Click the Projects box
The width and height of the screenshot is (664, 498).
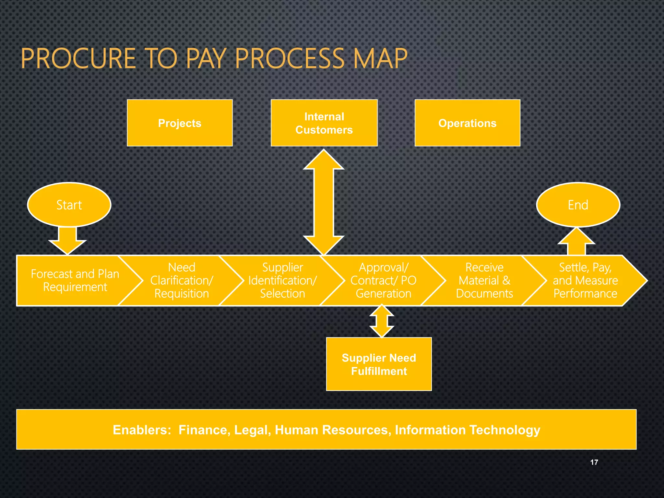pyautogui.click(x=180, y=123)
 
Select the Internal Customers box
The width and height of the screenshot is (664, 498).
pyautogui.click(x=324, y=123)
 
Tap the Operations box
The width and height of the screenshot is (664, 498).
pyautogui.click(x=467, y=123)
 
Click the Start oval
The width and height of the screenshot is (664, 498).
pyautogui.click(x=69, y=205)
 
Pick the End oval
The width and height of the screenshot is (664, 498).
pyautogui.click(x=578, y=205)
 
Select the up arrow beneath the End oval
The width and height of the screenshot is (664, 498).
pyautogui.click(x=576, y=242)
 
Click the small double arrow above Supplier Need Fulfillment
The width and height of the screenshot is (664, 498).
pyautogui.click(x=382, y=321)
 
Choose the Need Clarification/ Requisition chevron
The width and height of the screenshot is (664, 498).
pyautogui.click(x=182, y=280)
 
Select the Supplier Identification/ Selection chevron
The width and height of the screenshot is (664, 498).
pyautogui.click(x=282, y=280)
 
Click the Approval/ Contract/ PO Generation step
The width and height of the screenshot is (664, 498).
pyautogui.click(x=383, y=280)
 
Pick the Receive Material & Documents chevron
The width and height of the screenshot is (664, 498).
pyautogui.click(x=484, y=280)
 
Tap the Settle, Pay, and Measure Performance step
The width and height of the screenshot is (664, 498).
pyautogui.click(x=585, y=280)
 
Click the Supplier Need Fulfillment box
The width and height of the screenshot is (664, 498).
pyautogui.click(x=379, y=364)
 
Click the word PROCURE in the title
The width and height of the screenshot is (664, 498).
pyautogui.click(x=78, y=59)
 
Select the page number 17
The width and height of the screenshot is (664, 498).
pyautogui.click(x=594, y=462)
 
